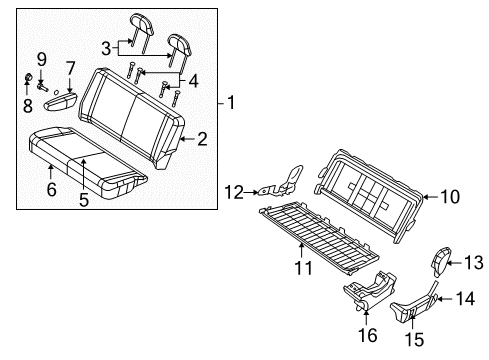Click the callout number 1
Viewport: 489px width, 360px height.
(231, 103)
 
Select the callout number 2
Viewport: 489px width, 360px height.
(201, 140)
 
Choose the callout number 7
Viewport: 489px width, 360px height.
(70, 68)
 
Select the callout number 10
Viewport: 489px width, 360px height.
(450, 197)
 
